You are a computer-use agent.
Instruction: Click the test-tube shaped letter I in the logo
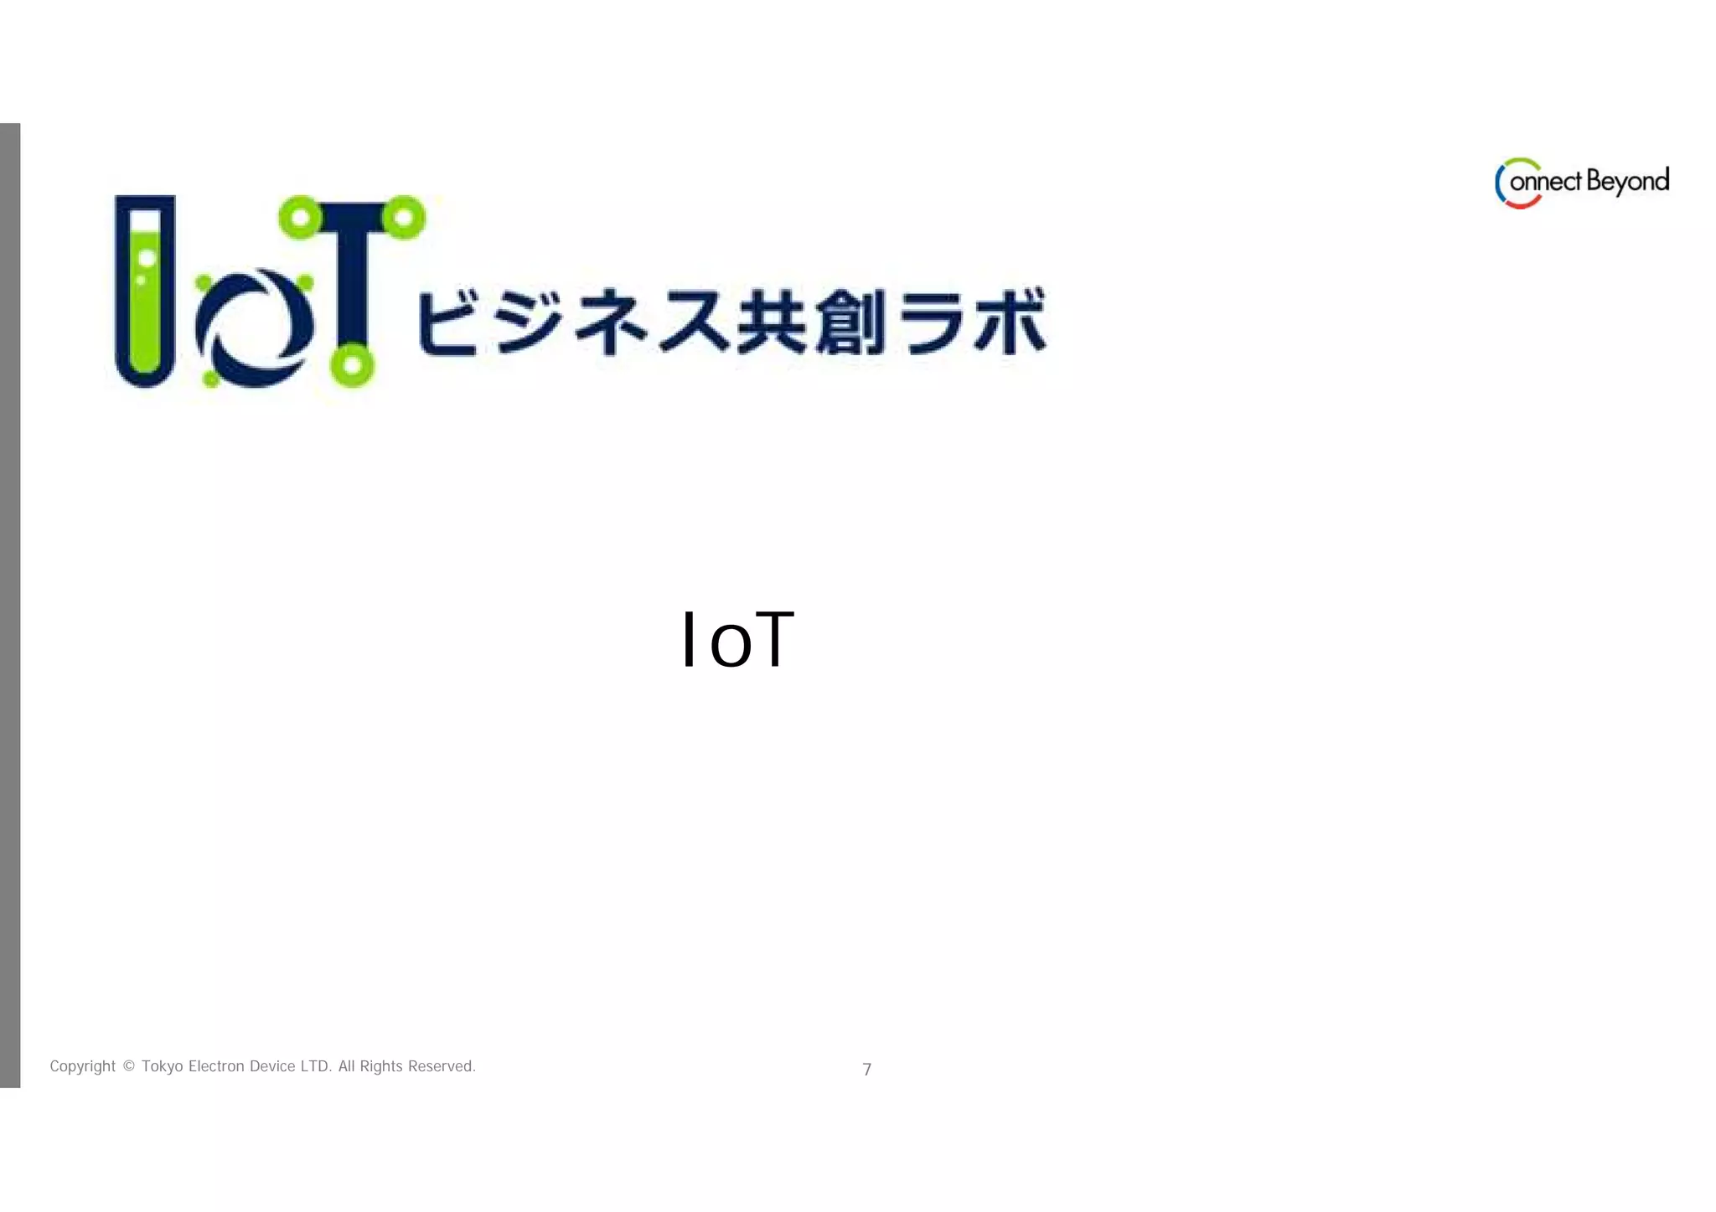coord(145,290)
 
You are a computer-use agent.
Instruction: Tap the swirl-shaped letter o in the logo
coord(255,327)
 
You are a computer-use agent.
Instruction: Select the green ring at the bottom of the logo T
coord(352,365)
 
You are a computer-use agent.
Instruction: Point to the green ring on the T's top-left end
coord(300,218)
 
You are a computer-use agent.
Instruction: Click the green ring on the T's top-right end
coord(404,218)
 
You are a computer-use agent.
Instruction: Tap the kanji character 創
coord(850,322)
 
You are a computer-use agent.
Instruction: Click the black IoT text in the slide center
coord(737,640)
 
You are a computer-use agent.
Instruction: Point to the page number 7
coord(867,1070)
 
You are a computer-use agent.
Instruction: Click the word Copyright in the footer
coord(82,1066)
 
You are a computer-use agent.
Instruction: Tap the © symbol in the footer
coord(128,1066)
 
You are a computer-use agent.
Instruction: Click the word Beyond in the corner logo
coord(1627,182)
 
